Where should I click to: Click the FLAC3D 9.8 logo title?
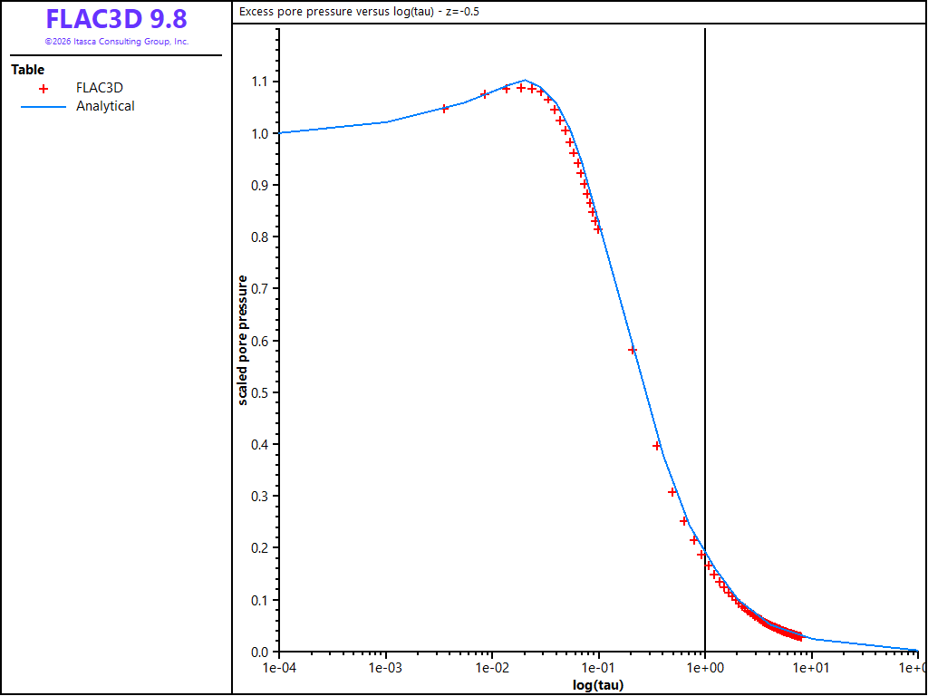[117, 20]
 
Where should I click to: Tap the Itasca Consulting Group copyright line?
[117, 42]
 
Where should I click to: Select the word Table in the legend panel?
[28, 70]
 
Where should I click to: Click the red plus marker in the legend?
[43, 89]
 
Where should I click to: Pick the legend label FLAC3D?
[100, 88]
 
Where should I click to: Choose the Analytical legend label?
[105, 107]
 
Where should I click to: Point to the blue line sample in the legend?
[43, 107]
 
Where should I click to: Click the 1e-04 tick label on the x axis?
[279, 667]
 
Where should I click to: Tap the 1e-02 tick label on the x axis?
[492, 667]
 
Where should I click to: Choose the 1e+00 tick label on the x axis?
[705, 667]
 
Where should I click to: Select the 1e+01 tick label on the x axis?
[811, 667]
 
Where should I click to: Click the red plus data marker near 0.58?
[632, 350]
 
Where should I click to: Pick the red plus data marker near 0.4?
[656, 446]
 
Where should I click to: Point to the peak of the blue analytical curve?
[525, 80]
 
